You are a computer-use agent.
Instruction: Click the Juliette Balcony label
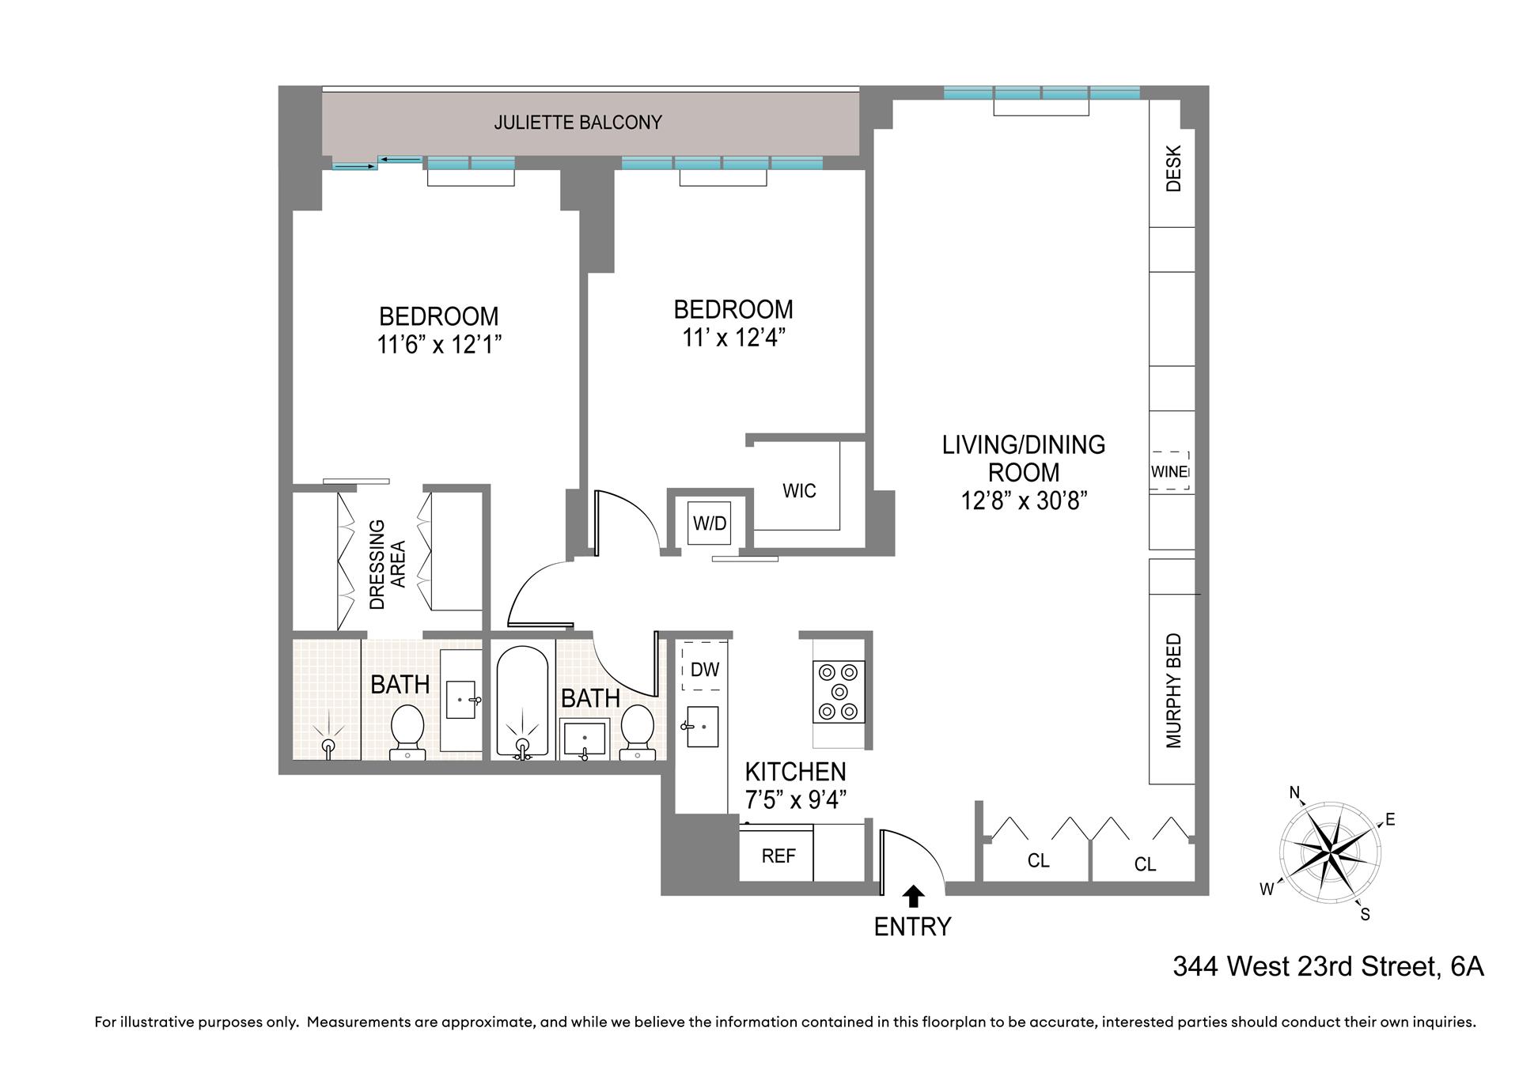pos(578,123)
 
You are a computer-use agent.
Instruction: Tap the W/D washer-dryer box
pos(709,523)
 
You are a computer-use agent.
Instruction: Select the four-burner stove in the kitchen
pos(839,692)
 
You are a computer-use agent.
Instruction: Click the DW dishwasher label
pos(704,670)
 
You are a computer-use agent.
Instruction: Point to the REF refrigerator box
pos(777,856)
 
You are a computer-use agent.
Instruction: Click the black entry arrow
pos(914,895)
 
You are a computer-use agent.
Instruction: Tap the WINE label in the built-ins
pos(1169,471)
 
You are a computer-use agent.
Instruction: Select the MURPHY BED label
pos(1173,690)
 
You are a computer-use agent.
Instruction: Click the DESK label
pos(1173,168)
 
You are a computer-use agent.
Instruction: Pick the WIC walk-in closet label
pos(798,491)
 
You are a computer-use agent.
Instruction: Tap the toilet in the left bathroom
pos(408,729)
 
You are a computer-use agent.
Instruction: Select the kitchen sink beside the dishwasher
pos(701,726)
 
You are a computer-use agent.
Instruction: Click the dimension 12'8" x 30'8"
pos(1024,501)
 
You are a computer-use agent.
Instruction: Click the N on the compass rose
pos(1295,793)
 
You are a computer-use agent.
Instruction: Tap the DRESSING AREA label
pos(388,564)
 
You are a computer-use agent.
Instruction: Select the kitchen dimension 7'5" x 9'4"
pos(795,799)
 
